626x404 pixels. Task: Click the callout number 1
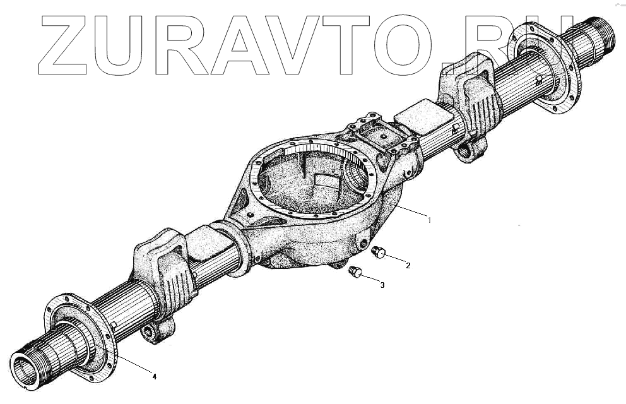pos(430,220)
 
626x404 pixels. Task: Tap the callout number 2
pos(408,266)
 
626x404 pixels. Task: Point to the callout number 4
pos(154,377)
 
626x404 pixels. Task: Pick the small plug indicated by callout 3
pos(355,272)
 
